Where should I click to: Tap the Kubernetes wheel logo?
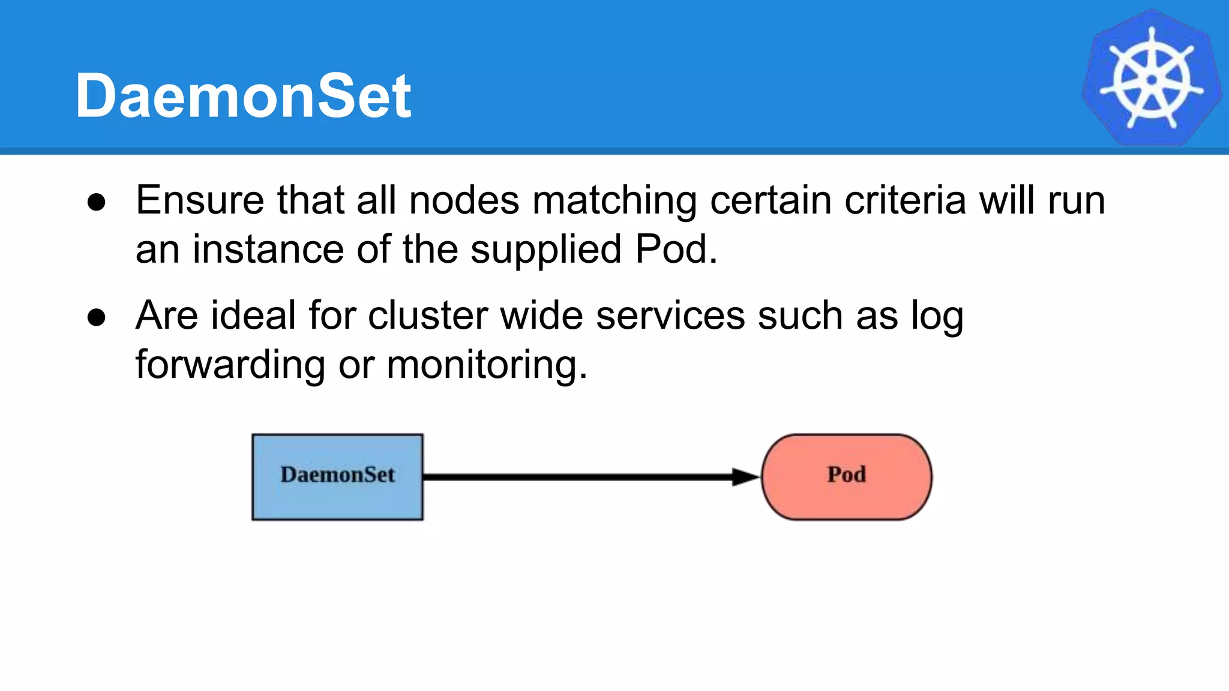click(1151, 79)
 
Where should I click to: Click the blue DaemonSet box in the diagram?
click(337, 477)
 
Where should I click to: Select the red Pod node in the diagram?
click(846, 477)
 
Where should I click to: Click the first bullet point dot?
click(97, 202)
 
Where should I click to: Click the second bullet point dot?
click(97, 317)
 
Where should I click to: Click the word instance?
click(268, 250)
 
